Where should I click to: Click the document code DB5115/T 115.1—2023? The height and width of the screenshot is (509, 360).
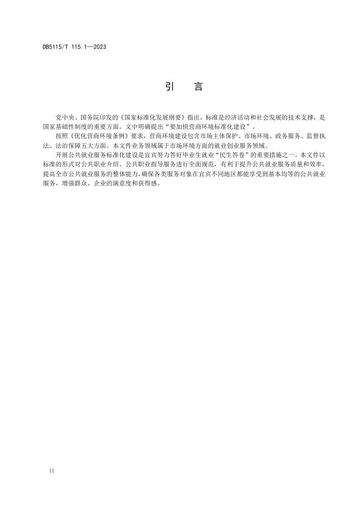pyautogui.click(x=74, y=47)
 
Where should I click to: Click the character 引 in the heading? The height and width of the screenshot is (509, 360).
pyautogui.click(x=169, y=87)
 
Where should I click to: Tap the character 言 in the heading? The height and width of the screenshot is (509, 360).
pyautogui.click(x=198, y=87)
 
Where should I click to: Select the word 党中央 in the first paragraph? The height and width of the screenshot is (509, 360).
pyautogui.click(x=64, y=117)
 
